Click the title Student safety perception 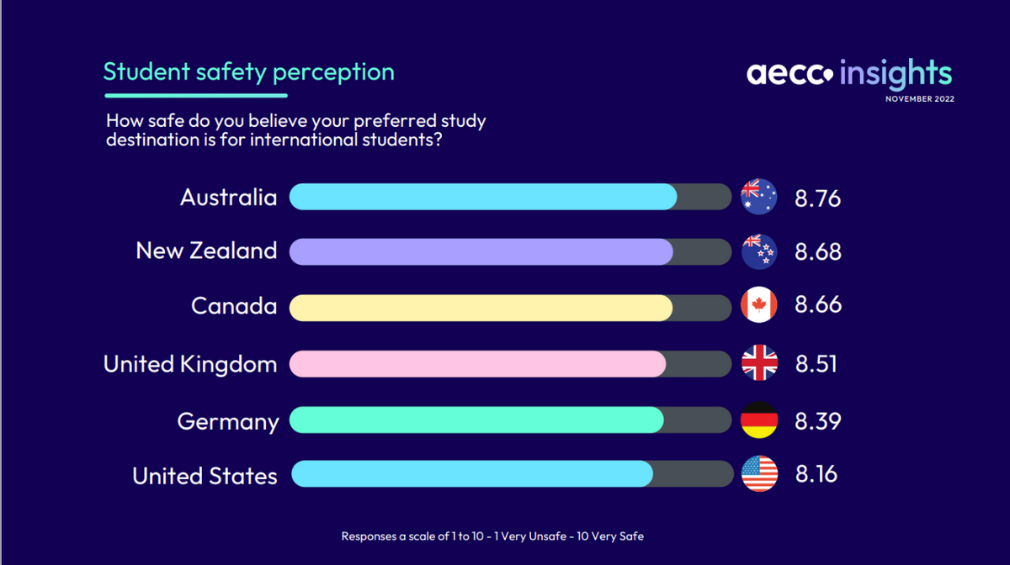pyautogui.click(x=248, y=71)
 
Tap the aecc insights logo pyautogui.click(x=849, y=73)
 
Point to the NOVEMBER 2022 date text pyautogui.click(x=919, y=99)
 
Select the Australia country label pyautogui.click(x=228, y=198)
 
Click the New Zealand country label pyautogui.click(x=206, y=251)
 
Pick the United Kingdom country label pyautogui.click(x=190, y=364)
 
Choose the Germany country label pyautogui.click(x=227, y=420)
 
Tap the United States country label pyautogui.click(x=205, y=476)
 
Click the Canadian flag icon pyautogui.click(x=758, y=305)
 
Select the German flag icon pyautogui.click(x=758, y=420)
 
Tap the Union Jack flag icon pyautogui.click(x=758, y=364)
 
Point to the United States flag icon pyautogui.click(x=758, y=475)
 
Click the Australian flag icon pyautogui.click(x=758, y=197)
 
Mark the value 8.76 pyautogui.click(x=817, y=198)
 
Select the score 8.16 pyautogui.click(x=816, y=474)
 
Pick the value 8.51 pyautogui.click(x=816, y=364)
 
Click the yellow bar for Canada pyautogui.click(x=481, y=308)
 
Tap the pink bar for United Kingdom pyautogui.click(x=477, y=364)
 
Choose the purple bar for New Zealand pyautogui.click(x=481, y=251)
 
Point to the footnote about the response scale pyautogui.click(x=492, y=536)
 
